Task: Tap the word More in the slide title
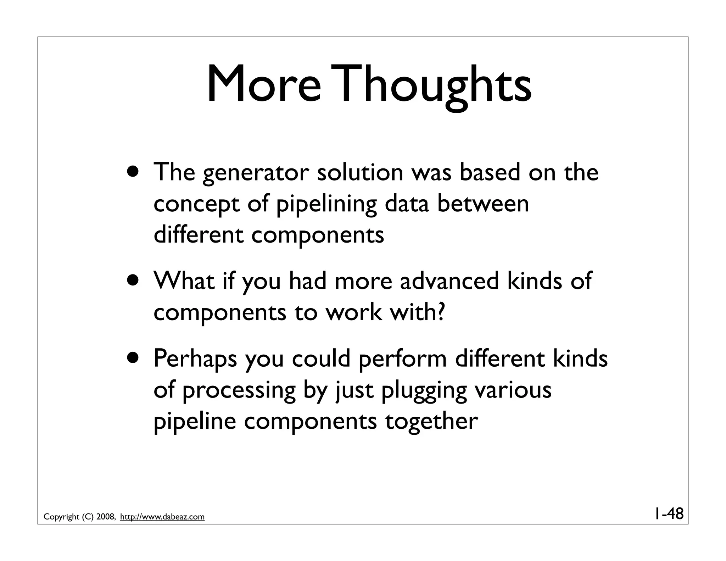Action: (x=264, y=85)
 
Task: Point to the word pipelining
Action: (x=326, y=205)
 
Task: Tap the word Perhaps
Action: (x=195, y=359)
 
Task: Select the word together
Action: (x=431, y=422)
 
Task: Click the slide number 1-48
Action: (x=668, y=513)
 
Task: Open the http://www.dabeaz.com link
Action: (x=162, y=517)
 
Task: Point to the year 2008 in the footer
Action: (x=105, y=517)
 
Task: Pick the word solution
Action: (x=360, y=172)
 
